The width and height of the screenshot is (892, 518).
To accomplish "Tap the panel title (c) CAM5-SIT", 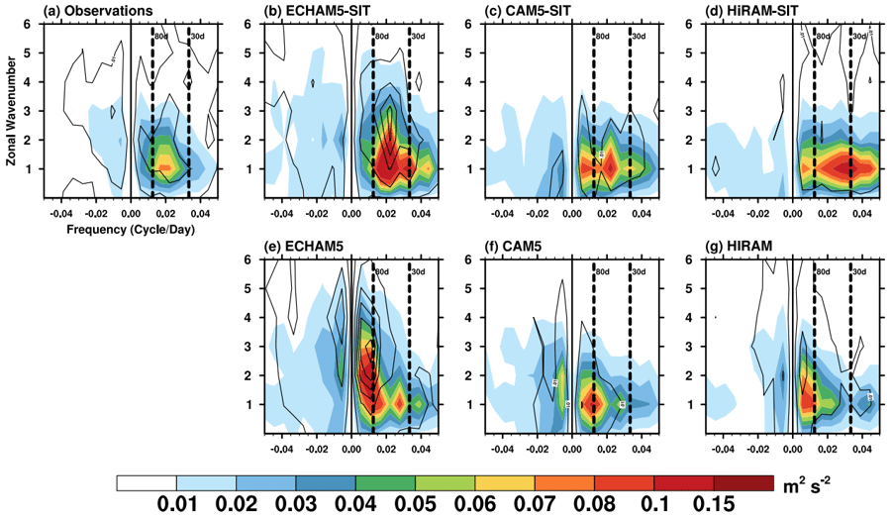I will [x=526, y=10].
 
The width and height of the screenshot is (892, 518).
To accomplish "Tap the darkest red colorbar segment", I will [x=743, y=482].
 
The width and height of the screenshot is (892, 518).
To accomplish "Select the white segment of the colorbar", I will [x=146, y=482].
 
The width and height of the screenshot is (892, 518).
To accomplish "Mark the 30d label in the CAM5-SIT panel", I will [x=638, y=37].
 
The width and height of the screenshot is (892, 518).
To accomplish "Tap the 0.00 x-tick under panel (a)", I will [x=130, y=211].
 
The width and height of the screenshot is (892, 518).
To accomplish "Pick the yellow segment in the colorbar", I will [x=504, y=482].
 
